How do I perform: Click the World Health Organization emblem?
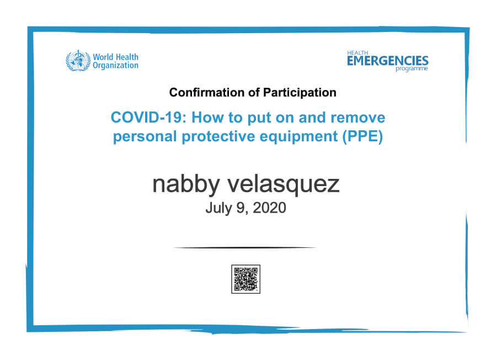(x=78, y=61)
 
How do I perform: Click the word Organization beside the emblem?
(x=115, y=66)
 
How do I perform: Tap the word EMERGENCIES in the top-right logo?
(x=387, y=61)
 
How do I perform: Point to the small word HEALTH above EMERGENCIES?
(x=358, y=53)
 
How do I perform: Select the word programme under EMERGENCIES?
(x=412, y=68)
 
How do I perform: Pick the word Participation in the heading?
(x=300, y=93)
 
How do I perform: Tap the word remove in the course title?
(x=358, y=118)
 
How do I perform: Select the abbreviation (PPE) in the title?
(x=362, y=136)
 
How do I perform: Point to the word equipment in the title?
(x=298, y=137)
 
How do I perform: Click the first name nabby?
(x=186, y=184)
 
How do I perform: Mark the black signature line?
(x=245, y=247)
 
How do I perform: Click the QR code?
(x=246, y=279)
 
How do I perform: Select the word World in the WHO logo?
(x=103, y=57)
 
